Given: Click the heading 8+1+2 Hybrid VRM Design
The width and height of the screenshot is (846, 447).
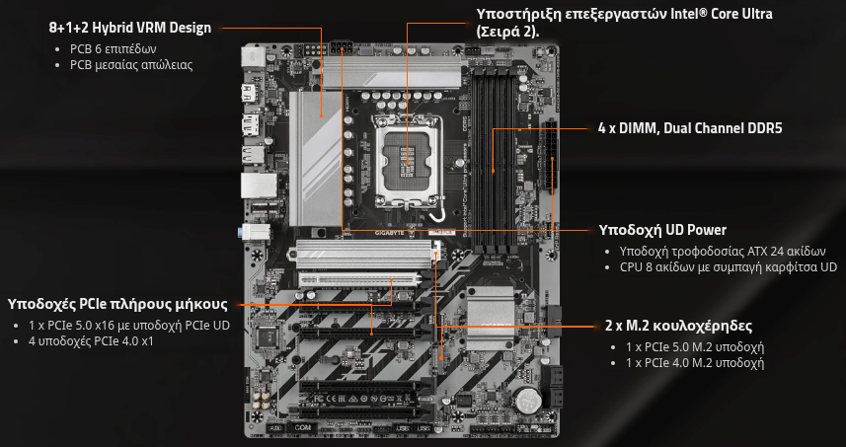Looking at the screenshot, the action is coord(130,28).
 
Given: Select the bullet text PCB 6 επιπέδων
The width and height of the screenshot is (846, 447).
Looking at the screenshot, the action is coord(113,49).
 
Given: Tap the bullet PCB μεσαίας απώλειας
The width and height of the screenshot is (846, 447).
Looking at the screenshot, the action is coord(131,66).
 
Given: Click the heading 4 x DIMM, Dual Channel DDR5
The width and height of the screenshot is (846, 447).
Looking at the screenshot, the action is coord(690,128).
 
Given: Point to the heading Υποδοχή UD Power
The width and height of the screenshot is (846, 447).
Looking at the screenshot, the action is coord(662,230).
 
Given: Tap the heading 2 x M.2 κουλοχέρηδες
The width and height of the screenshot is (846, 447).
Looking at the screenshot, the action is coord(679,327).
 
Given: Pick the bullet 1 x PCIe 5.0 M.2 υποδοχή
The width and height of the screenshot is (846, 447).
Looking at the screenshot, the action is coord(695,346).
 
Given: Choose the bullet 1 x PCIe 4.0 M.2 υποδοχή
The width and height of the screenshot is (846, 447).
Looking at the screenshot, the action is coord(695,363).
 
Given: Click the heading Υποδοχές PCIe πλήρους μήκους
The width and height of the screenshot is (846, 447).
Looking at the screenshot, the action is coord(117,305).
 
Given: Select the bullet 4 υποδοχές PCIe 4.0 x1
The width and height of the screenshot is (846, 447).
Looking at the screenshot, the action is coord(91,341).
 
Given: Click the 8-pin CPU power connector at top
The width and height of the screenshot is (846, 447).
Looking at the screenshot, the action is coord(342,46).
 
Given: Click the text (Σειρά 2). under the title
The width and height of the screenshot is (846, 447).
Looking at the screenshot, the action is coord(507,32).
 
